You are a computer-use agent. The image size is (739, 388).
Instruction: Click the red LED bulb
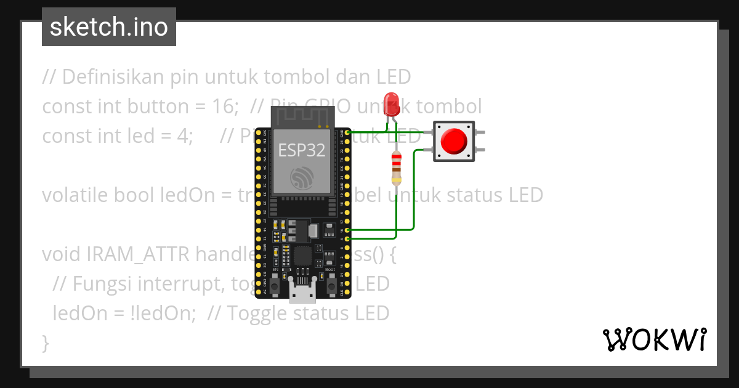coord(391,103)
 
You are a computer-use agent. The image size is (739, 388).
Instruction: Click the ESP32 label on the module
coord(302,150)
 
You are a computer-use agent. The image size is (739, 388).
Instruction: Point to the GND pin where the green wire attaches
coord(348,132)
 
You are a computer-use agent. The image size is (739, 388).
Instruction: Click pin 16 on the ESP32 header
coord(348,230)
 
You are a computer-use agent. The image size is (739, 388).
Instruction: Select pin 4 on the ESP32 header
coord(348,238)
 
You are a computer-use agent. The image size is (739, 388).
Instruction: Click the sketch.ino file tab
coord(109,27)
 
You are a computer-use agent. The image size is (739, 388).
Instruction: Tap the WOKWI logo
coord(654,339)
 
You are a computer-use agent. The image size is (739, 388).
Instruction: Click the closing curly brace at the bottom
coord(45,342)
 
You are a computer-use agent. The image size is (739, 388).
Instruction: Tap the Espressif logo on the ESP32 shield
coord(302,177)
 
